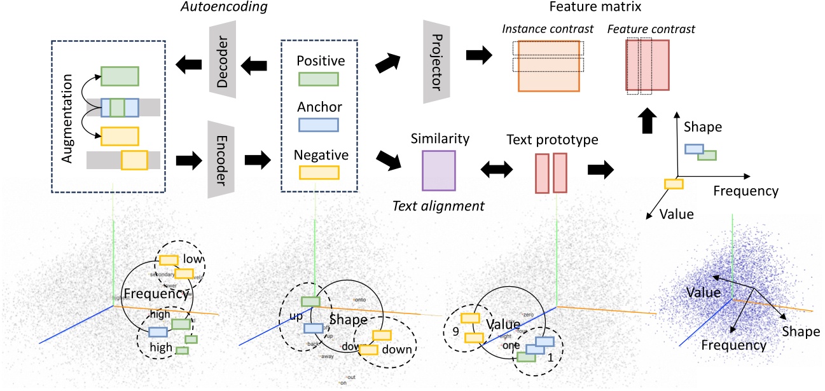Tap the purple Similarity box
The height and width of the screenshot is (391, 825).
point(439,170)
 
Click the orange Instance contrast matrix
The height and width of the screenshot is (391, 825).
point(548,66)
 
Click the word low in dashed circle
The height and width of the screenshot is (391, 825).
point(191,259)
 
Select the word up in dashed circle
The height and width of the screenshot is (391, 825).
point(293,315)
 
